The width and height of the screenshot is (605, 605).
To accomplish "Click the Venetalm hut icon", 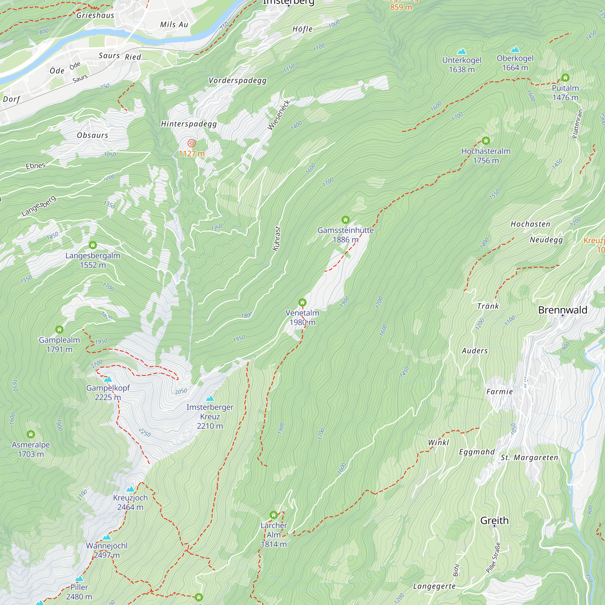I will (302, 302).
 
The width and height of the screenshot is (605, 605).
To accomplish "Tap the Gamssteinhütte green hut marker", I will (345, 220).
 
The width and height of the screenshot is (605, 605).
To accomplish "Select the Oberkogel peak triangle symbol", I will (515, 50).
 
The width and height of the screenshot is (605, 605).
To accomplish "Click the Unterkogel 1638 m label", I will (462, 64).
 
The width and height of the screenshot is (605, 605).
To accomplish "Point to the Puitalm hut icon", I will (565, 77).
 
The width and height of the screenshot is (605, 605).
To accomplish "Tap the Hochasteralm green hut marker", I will (486, 141).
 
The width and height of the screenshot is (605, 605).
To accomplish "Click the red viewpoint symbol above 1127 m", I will (191, 143).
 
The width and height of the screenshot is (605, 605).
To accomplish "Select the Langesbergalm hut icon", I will (93, 245).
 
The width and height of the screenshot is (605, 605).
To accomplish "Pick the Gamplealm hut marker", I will (59, 329).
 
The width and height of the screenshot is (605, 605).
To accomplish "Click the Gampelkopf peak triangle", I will (108, 379).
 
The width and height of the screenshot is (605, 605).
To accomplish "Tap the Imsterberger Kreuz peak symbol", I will (210, 399).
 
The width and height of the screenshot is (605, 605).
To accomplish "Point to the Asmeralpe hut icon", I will (31, 434).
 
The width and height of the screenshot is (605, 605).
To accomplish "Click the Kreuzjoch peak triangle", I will (130, 489).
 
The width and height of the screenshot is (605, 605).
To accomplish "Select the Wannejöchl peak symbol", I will (107, 537).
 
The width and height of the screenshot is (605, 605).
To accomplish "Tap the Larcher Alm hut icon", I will (274, 515).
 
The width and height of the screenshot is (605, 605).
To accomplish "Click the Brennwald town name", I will (563, 310).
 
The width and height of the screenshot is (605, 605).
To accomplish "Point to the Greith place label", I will (494, 520).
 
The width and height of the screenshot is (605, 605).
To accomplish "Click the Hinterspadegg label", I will (189, 124).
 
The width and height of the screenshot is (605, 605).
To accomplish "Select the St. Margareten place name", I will (529, 457).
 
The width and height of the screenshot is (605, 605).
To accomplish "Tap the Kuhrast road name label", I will (276, 239).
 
